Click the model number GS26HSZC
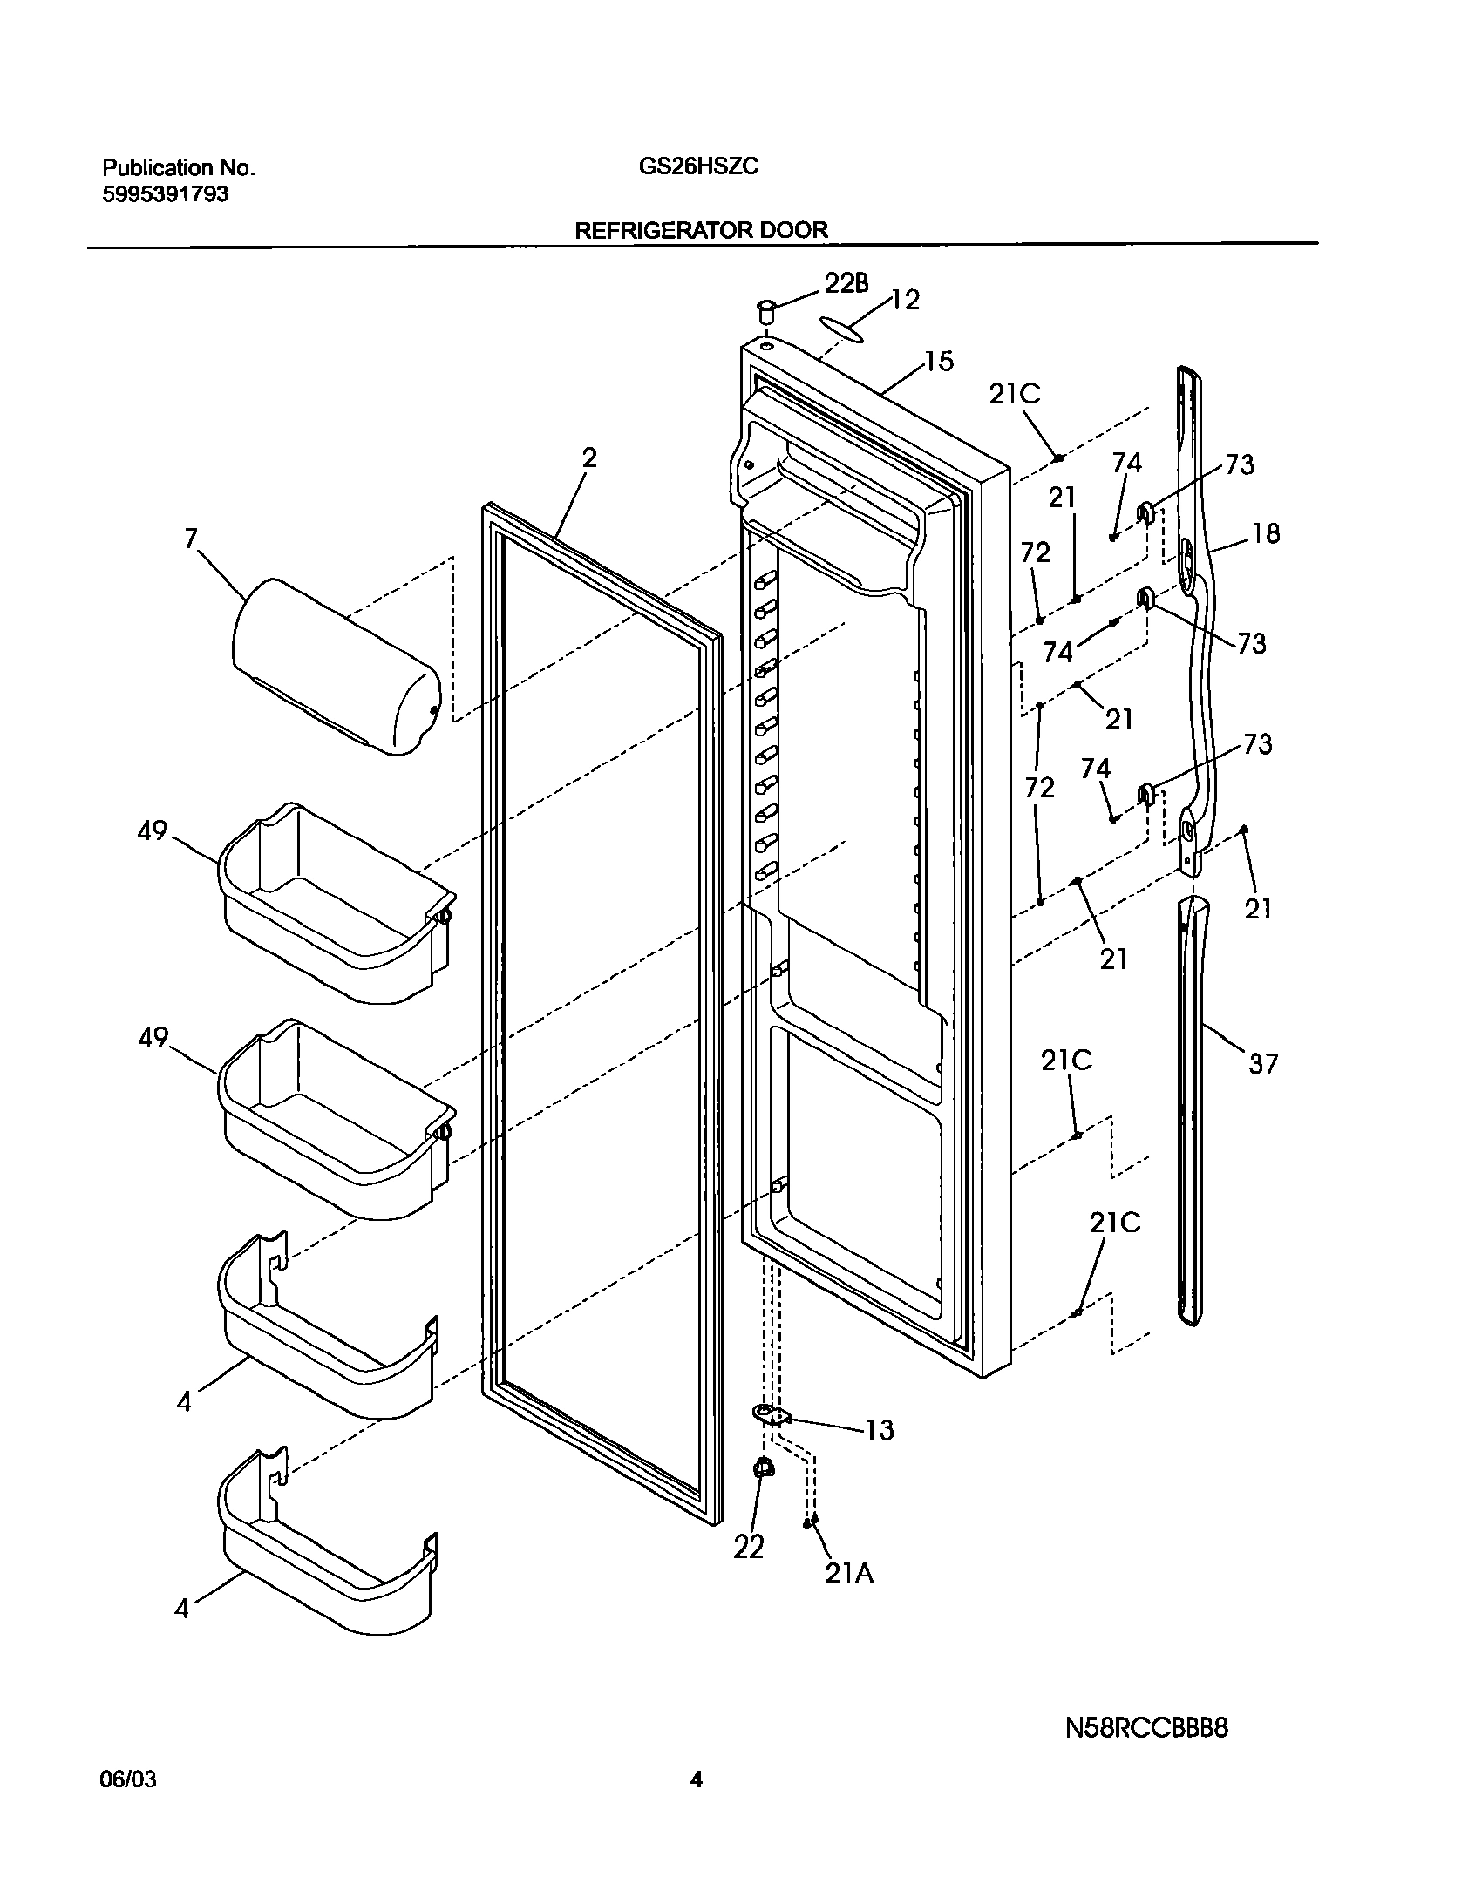point(698,167)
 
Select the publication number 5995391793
point(166,194)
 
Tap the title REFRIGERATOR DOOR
point(701,230)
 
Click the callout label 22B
point(846,282)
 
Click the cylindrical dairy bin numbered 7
point(336,666)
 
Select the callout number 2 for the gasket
point(589,458)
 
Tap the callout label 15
point(939,361)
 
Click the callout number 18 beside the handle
point(1266,533)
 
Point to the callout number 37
point(1263,1063)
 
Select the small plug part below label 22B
point(766,311)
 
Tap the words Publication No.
point(179,167)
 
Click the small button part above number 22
point(764,1468)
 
